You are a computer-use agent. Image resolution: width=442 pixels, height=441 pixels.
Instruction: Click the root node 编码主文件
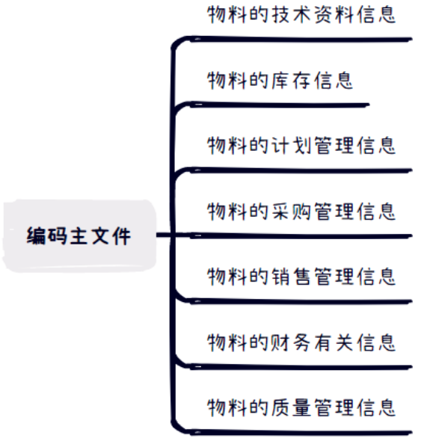click(79, 236)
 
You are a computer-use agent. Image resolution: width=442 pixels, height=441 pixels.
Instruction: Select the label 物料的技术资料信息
click(301, 15)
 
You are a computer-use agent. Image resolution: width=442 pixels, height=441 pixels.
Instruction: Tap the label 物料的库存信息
click(280, 80)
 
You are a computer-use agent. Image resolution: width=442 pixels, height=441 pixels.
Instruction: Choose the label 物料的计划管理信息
click(301, 146)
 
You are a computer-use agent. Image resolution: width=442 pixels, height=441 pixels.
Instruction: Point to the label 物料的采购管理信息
click(301, 212)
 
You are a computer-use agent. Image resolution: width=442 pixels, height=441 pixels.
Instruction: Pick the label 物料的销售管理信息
click(301, 277)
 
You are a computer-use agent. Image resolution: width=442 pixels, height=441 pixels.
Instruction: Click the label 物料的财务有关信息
click(301, 342)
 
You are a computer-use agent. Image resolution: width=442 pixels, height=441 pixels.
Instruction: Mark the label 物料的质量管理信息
click(301, 408)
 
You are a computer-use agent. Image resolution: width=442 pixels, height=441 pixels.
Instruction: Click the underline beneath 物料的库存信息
click(280, 105)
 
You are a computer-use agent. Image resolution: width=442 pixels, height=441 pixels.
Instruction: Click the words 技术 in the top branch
click(291, 15)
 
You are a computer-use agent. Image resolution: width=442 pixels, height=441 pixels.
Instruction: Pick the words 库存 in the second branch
click(291, 80)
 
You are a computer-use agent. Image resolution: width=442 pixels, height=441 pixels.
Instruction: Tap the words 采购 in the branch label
click(291, 212)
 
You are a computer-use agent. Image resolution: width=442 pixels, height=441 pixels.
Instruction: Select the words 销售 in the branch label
click(291, 277)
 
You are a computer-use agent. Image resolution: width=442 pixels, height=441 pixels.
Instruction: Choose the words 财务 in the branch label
click(291, 342)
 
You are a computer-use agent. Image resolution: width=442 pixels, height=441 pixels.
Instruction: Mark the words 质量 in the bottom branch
click(291, 408)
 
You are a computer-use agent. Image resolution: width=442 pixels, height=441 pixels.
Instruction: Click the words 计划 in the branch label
click(291, 146)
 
